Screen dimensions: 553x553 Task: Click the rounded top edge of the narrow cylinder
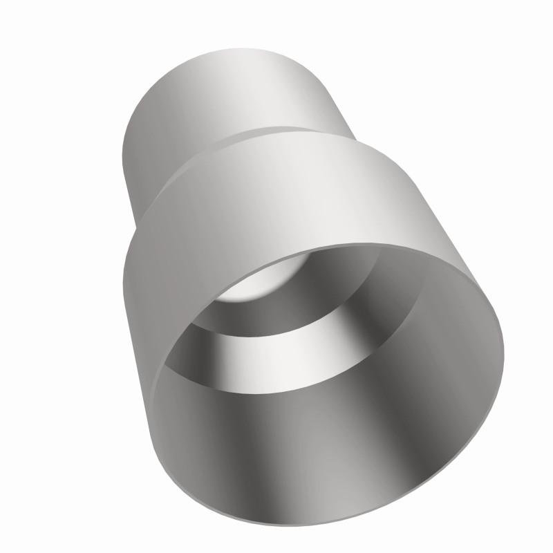pyautogui.click(x=228, y=52)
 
